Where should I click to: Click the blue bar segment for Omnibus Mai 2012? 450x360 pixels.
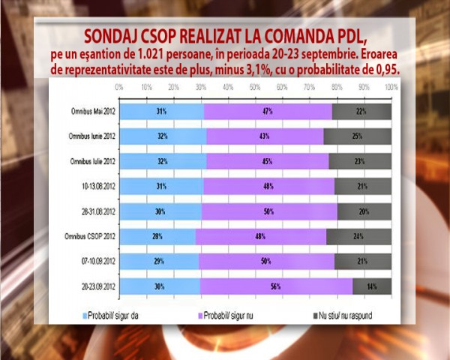click(x=161, y=111)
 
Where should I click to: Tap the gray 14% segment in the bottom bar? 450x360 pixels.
click(x=371, y=286)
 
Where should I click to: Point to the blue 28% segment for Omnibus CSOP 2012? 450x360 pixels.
click(x=157, y=236)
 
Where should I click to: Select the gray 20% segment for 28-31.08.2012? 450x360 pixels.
click(x=364, y=211)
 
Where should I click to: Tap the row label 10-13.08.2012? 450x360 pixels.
click(x=95, y=185)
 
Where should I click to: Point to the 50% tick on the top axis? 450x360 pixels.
click(x=255, y=87)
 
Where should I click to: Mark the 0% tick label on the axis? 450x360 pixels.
click(x=119, y=87)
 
